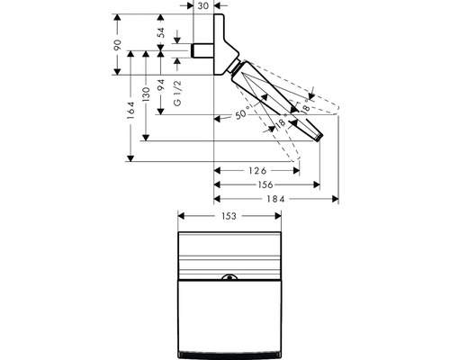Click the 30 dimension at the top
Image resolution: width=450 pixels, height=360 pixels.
(x=203, y=5)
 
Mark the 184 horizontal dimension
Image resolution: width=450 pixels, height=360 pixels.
(x=275, y=198)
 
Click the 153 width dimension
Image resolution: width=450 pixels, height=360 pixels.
(x=231, y=216)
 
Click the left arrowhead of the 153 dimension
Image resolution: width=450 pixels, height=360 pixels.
(x=180, y=216)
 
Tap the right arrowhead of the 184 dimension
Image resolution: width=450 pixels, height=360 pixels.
(x=336, y=198)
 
